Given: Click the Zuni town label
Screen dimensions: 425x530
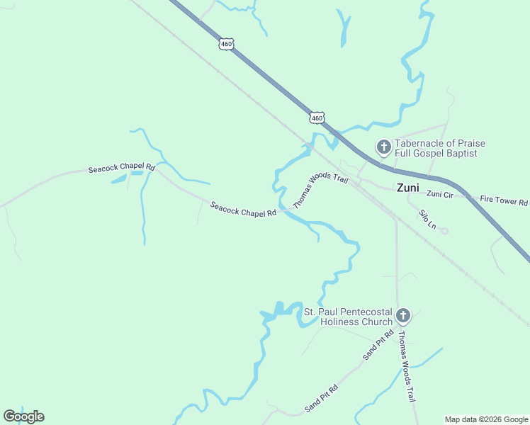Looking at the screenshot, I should coord(407,188).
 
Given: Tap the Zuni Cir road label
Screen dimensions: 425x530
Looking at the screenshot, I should coord(440,194).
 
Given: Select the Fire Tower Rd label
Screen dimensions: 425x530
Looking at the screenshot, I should coord(503,200).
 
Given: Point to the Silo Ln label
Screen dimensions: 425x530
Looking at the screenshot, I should coord(427,218).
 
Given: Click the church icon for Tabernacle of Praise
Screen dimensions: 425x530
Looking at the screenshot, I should coord(383,147).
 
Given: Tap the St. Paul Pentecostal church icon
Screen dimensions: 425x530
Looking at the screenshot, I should coord(402,316).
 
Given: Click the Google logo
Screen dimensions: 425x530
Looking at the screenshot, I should coord(23,416).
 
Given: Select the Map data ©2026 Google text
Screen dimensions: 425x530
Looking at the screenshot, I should coord(486,419).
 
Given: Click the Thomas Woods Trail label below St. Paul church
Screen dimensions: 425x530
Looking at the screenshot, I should coord(405,366).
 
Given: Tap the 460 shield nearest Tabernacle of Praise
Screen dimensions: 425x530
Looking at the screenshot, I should coord(317,117).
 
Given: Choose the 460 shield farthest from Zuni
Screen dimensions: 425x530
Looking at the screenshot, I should coord(226,44).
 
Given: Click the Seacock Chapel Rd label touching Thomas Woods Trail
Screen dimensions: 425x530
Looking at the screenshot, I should coord(242,209).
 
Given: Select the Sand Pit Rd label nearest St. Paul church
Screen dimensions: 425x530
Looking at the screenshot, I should coord(379,346).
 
